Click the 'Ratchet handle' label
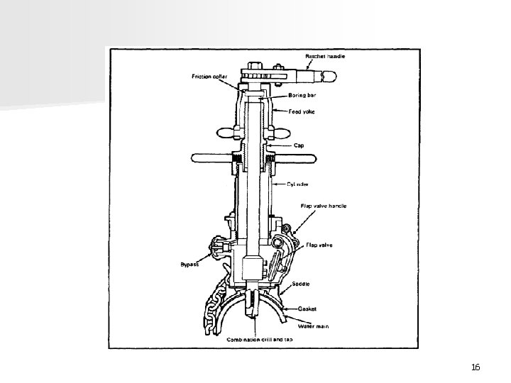tap(325, 56)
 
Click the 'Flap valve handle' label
tap(323, 206)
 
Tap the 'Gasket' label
tap(307, 309)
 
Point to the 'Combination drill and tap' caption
tap(260, 340)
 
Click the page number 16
tap(476, 367)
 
